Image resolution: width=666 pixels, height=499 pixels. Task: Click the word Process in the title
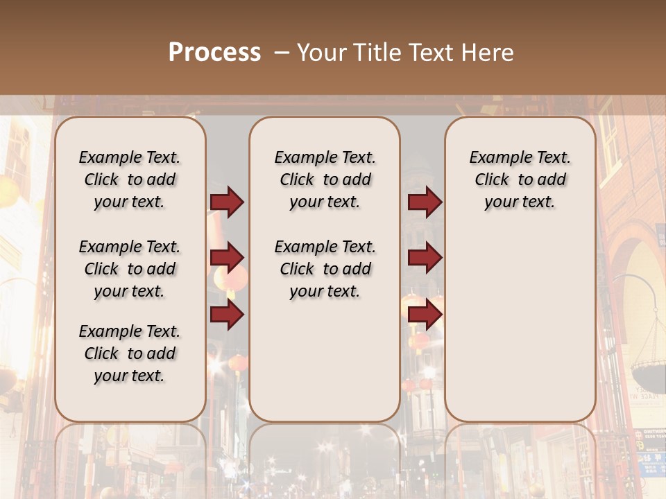tap(214, 53)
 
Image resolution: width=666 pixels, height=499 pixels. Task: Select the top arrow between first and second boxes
tap(227, 202)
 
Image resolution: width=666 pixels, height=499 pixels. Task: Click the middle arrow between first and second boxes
tap(227, 258)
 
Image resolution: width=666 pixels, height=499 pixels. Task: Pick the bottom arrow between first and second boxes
tap(227, 315)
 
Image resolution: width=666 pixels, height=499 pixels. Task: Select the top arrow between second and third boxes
tap(425, 202)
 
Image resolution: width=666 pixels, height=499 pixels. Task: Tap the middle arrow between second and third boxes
tap(425, 258)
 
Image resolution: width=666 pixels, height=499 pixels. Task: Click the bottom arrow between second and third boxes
tap(425, 315)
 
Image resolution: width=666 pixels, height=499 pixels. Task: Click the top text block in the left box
tap(130, 180)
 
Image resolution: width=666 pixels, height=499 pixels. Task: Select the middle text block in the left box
tap(130, 269)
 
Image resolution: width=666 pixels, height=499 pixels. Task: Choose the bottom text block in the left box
tap(130, 353)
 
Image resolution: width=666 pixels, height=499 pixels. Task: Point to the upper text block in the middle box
tap(325, 180)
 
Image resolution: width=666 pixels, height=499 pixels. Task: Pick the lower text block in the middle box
tap(325, 269)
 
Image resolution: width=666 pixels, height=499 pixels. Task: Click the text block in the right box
tap(520, 180)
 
